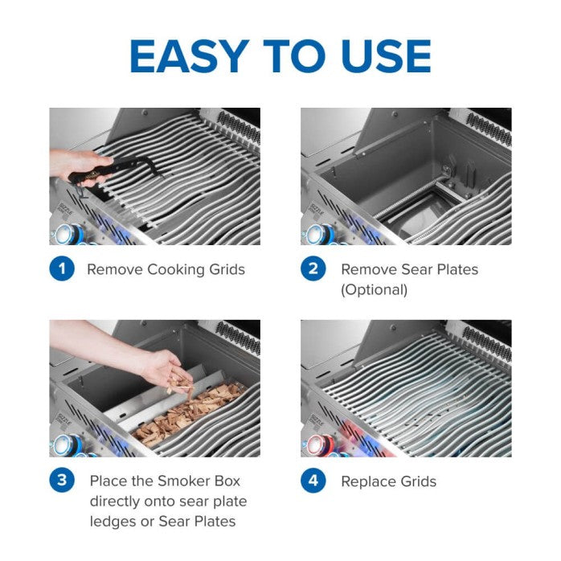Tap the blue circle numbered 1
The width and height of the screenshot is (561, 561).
62,269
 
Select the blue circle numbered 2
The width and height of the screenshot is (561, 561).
313,269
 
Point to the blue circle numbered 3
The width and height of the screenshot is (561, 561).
62,481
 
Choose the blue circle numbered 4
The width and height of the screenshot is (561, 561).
313,481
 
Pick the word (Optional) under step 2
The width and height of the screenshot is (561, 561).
374,289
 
